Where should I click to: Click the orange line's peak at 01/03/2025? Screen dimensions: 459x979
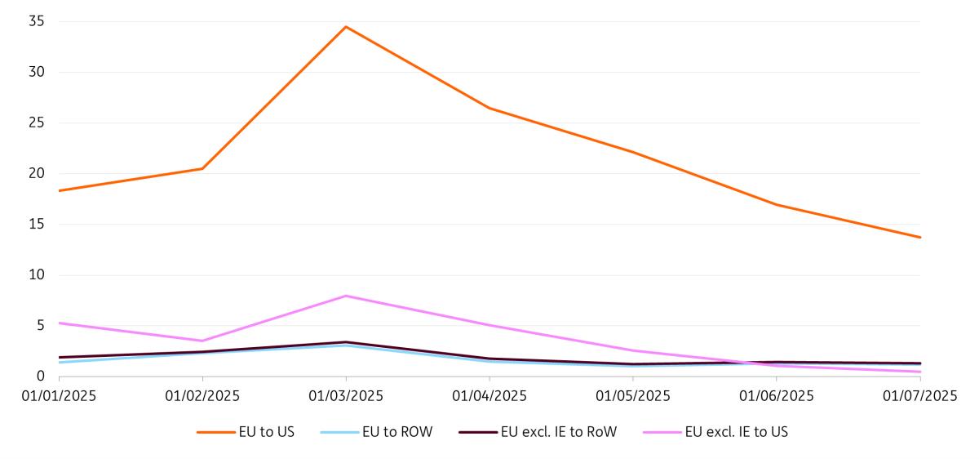tap(346, 27)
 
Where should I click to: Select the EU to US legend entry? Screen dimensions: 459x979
tap(246, 432)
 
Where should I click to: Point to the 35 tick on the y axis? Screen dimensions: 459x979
tap(35, 21)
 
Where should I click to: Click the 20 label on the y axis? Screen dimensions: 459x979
tap(35, 173)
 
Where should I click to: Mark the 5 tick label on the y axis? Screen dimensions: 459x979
tap(38, 326)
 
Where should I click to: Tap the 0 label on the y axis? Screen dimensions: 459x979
tap(38, 377)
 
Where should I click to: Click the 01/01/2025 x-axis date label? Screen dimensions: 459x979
tap(59, 396)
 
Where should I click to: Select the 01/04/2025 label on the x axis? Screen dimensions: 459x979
tap(489, 396)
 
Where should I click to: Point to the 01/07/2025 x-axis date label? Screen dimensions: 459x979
tap(919, 396)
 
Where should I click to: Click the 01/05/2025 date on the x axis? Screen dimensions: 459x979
tap(633, 396)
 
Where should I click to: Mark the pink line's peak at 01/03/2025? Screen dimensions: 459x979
tap(346, 296)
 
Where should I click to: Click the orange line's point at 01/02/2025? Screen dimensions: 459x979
tap(202, 168)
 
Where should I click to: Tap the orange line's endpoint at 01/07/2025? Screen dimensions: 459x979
tap(920, 238)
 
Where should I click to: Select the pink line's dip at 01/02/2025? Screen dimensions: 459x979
tap(202, 341)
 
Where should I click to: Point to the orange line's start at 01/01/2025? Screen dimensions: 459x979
tap(59, 190)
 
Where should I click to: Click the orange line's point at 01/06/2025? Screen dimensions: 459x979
tap(777, 205)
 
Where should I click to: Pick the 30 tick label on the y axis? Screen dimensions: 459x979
tap(35, 72)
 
